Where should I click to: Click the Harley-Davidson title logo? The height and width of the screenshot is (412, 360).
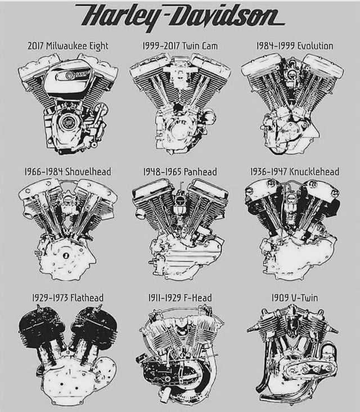pyautogui.click(x=180, y=16)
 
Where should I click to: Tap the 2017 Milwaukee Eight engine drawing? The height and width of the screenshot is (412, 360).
pyautogui.click(x=68, y=102)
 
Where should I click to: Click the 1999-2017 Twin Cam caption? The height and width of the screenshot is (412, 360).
pyautogui.click(x=180, y=46)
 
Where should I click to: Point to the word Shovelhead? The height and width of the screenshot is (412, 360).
pyautogui.click(x=88, y=172)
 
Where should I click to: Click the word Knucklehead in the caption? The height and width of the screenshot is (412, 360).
pyautogui.click(x=314, y=172)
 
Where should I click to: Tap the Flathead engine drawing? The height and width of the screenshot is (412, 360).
pyautogui.click(x=68, y=355)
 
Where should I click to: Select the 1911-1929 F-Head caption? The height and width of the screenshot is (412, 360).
pyautogui.click(x=180, y=298)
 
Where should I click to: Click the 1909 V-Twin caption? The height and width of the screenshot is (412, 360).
pyautogui.click(x=295, y=298)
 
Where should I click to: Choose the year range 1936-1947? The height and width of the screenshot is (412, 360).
pyautogui.click(x=268, y=172)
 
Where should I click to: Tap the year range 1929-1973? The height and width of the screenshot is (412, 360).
pyautogui.click(x=50, y=298)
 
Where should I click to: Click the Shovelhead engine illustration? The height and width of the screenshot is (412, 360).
pyautogui.click(x=68, y=229)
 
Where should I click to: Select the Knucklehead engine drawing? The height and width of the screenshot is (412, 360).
pyautogui.click(x=292, y=229)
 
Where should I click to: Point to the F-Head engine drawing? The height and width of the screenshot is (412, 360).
pyautogui.click(x=180, y=355)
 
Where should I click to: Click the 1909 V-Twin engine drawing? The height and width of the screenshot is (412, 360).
pyautogui.click(x=292, y=355)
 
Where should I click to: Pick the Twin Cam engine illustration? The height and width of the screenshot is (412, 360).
pyautogui.click(x=180, y=104)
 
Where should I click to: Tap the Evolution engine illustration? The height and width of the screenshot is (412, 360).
pyautogui.click(x=292, y=104)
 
